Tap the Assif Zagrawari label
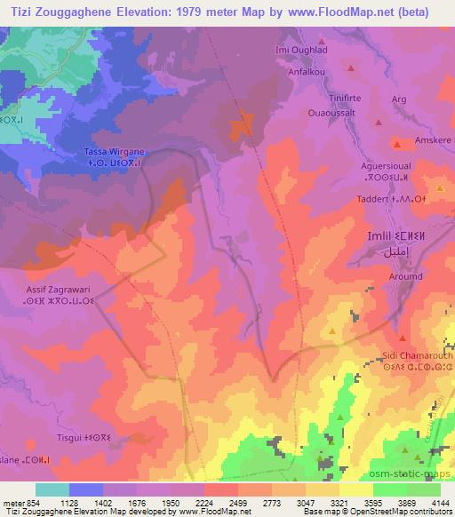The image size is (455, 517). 56,290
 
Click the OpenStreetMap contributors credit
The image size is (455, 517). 409,512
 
